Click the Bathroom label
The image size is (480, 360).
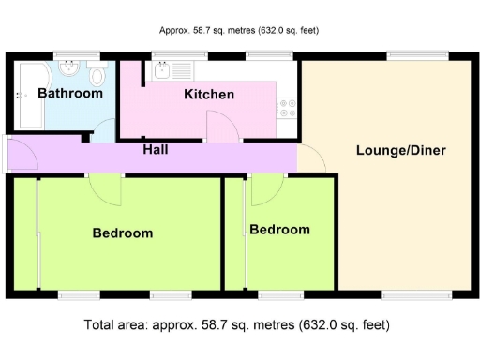pyautogui.click(x=71, y=93)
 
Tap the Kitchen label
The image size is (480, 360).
pyautogui.click(x=209, y=95)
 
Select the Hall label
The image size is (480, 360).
pyautogui.click(x=156, y=150)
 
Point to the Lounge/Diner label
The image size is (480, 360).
pyautogui.click(x=400, y=151)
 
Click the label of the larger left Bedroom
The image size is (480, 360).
pyautogui.click(x=122, y=232)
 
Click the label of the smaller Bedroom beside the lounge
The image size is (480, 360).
pyautogui.click(x=279, y=230)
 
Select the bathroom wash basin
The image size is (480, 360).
pyautogui.click(x=68, y=69)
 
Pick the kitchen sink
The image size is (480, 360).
pyautogui.click(x=163, y=68)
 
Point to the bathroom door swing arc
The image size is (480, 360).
pyautogui.click(x=105, y=131)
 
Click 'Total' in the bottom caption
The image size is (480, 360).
pyautogui.click(x=101, y=325)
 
